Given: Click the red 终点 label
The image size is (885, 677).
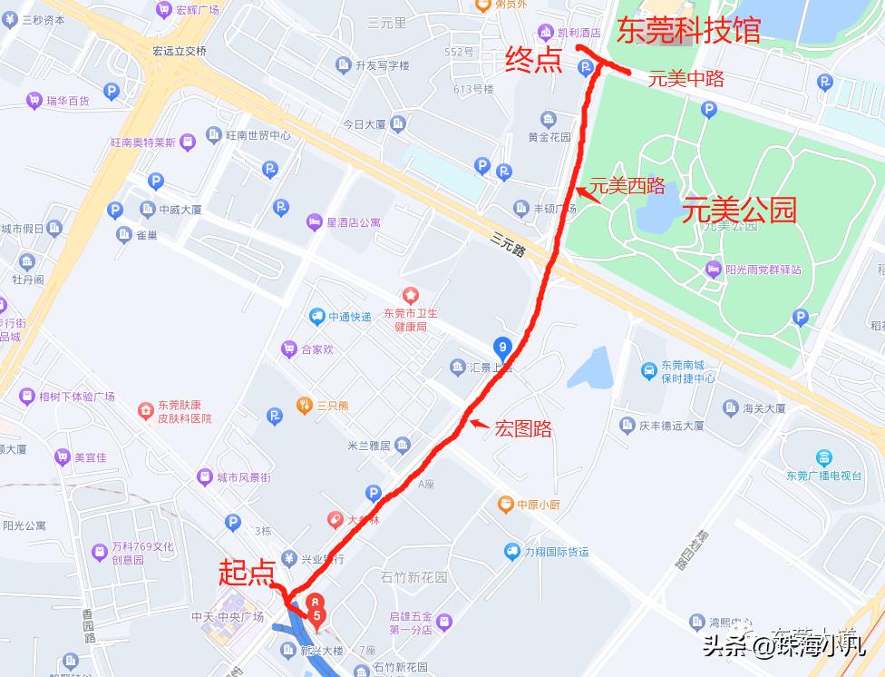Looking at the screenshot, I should pyautogui.click(x=533, y=61).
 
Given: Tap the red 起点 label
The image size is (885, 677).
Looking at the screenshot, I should pyautogui.click(x=247, y=572).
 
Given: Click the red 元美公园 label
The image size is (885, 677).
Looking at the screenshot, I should pyautogui.click(x=739, y=211).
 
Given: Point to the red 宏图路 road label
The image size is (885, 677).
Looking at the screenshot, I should pyautogui.click(x=523, y=428).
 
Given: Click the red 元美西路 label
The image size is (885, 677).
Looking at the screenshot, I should pyautogui.click(x=627, y=186).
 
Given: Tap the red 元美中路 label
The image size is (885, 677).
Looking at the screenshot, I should pyautogui.click(x=686, y=79).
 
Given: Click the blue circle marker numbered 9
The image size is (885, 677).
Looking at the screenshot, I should pyautogui.click(x=502, y=346).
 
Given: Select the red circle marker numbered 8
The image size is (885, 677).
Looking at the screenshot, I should pyautogui.click(x=315, y=601).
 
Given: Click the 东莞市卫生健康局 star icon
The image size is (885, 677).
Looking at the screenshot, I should pyautogui.click(x=411, y=296).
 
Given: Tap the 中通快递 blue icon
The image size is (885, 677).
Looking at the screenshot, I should pyautogui.click(x=316, y=317).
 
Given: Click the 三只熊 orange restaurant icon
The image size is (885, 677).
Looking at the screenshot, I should pyautogui.click(x=304, y=405).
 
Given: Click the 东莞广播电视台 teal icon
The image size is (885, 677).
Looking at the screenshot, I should pyautogui.click(x=823, y=457).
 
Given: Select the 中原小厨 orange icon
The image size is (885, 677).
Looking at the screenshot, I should pyautogui.click(x=505, y=504).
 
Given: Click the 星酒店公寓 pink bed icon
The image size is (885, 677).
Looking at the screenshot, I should pyautogui.click(x=314, y=221).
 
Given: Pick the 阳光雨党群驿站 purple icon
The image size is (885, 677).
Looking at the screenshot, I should pyautogui.click(x=713, y=269).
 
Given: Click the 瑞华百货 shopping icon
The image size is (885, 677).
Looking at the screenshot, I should pyautogui.click(x=34, y=101).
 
